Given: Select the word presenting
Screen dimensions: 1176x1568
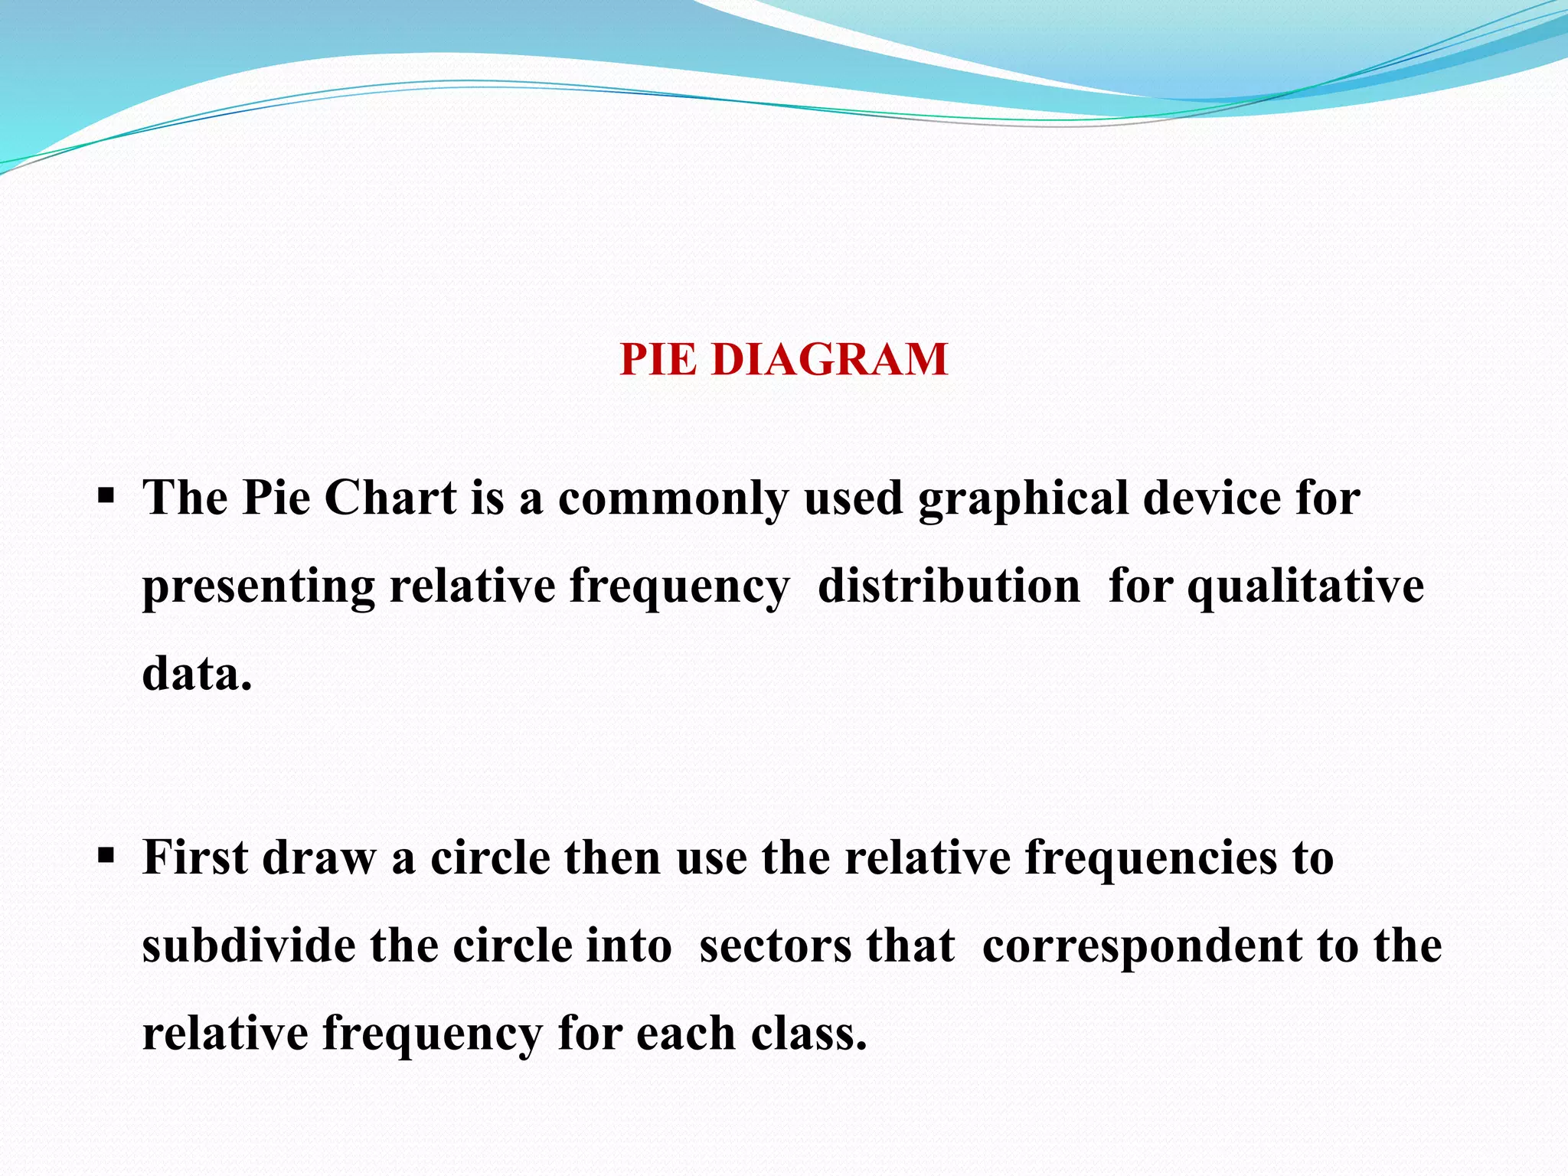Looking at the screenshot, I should pos(258,589).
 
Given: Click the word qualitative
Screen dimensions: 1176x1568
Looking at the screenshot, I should pos(1305,589).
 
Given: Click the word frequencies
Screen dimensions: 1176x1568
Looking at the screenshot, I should pos(1151,860).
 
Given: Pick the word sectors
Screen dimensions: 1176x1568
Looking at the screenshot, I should pos(776,947).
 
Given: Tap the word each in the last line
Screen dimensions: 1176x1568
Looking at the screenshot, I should pos(685,1034).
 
